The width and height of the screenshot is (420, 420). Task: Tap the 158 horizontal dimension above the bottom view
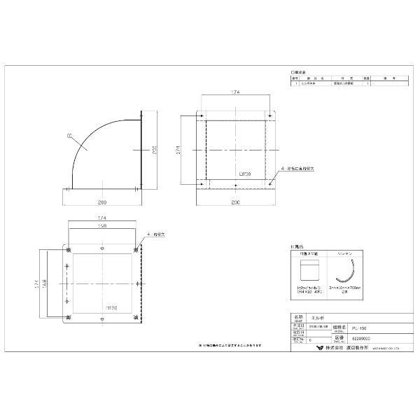click(102, 227)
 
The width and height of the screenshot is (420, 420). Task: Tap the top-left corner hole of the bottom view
click(68, 250)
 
